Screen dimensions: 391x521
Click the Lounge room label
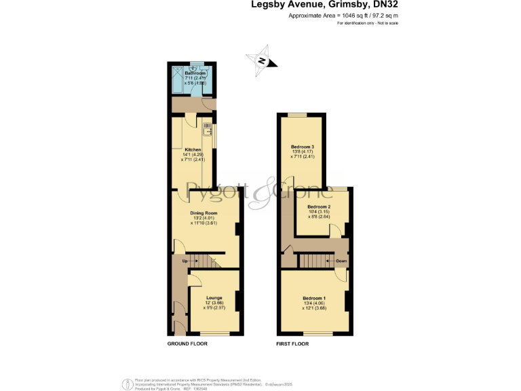tap(214, 298)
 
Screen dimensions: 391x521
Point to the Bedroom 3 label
tap(302, 147)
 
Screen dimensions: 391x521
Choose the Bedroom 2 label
tap(319, 206)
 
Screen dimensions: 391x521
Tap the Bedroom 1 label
tap(314, 298)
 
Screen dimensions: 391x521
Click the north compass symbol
tap(262, 60)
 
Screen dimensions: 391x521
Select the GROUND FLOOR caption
tap(187, 344)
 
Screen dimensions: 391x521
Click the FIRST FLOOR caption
tap(292, 344)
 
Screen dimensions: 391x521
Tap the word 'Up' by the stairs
tap(185, 261)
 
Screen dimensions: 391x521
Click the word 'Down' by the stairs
tap(341, 261)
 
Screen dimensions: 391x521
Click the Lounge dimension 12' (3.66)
tap(214, 303)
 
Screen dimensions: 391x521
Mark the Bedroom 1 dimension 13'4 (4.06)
tap(314, 303)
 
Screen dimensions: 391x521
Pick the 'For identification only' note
tap(367, 23)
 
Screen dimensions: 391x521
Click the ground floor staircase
tap(201, 260)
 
